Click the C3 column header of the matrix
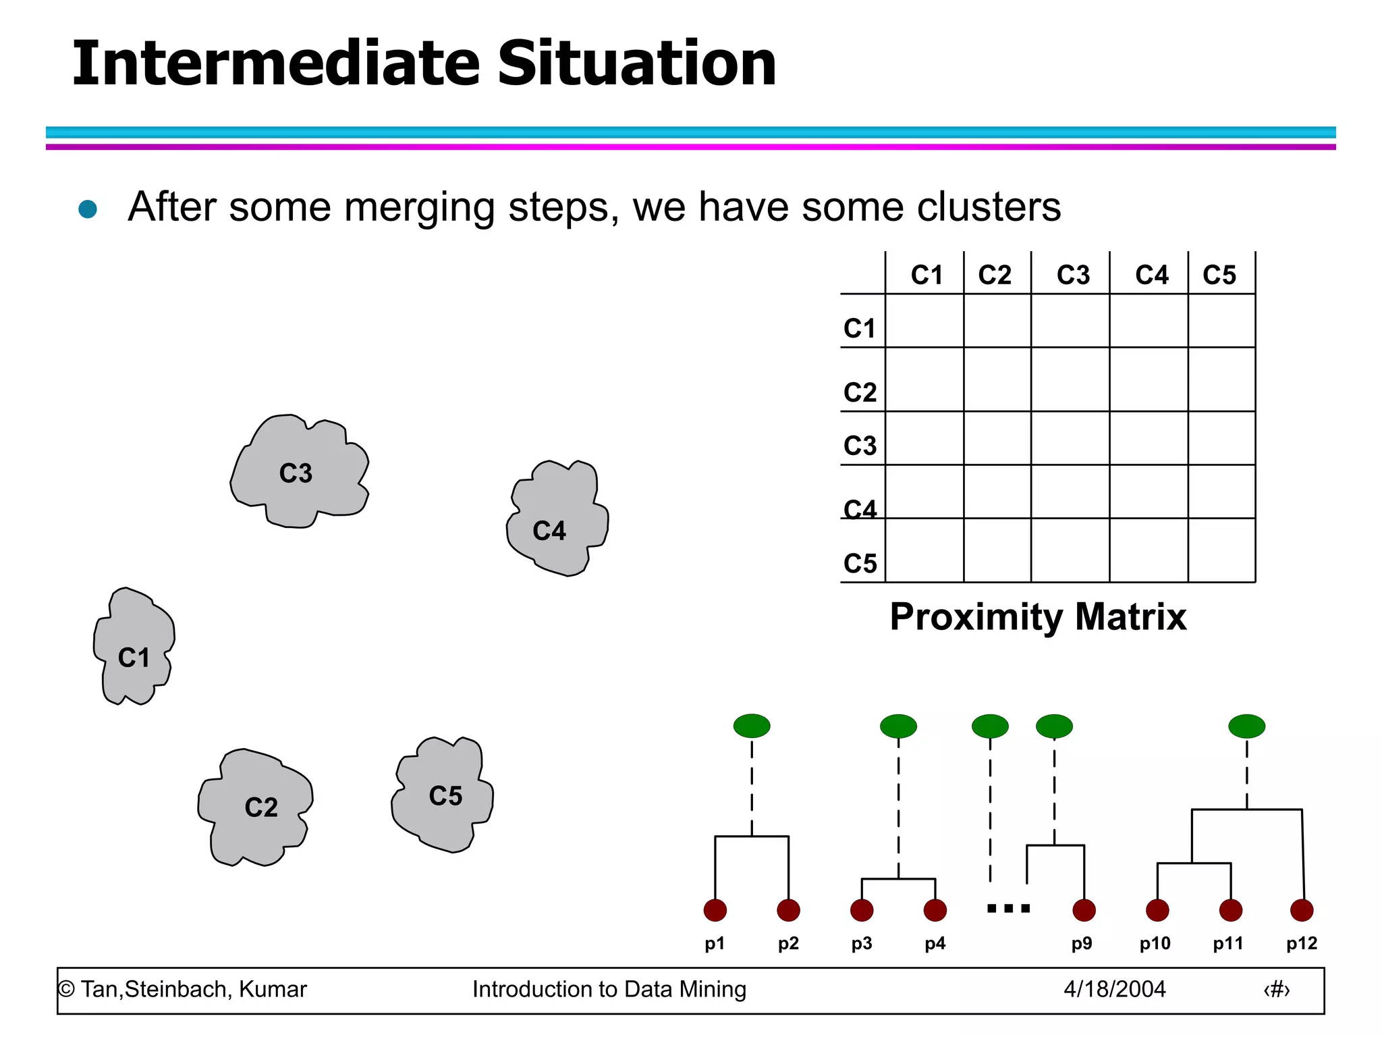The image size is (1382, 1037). click(1072, 275)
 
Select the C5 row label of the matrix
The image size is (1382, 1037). click(860, 563)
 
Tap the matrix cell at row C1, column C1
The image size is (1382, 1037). click(924, 321)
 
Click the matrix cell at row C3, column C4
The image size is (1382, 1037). click(1149, 438)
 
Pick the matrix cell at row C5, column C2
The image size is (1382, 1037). click(997, 550)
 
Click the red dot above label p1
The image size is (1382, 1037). click(715, 910)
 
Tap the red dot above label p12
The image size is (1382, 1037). click(1302, 910)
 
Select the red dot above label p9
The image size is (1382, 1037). click(1084, 910)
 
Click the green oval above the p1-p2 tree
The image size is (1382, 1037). click(752, 726)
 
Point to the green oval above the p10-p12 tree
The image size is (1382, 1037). click(1246, 726)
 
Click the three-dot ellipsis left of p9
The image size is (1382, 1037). click(1008, 909)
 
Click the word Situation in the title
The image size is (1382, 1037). click(636, 63)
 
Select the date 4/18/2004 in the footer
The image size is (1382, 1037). click(1114, 989)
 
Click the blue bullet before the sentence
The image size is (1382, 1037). click(88, 209)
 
